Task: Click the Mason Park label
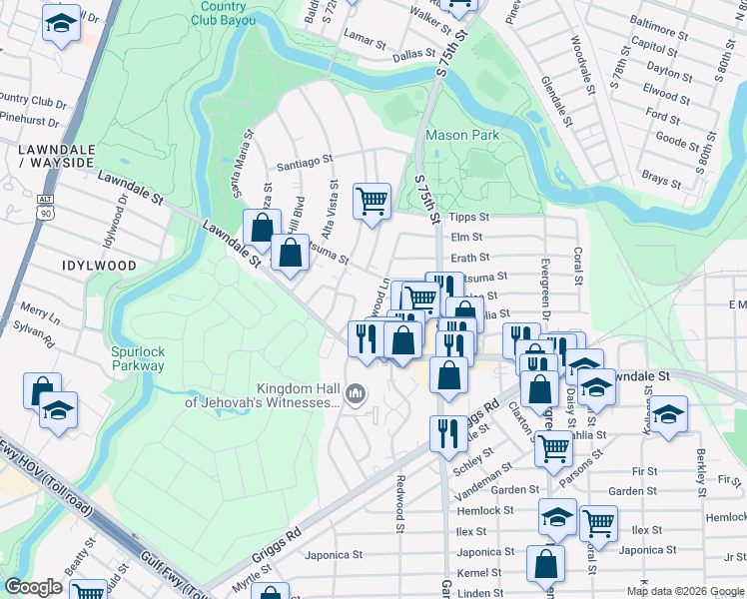[461, 135]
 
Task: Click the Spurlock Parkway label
[138, 358]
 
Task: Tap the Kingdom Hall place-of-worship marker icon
[354, 397]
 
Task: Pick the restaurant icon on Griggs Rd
[445, 432]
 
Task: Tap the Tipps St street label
[469, 218]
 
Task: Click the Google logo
[34, 587]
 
